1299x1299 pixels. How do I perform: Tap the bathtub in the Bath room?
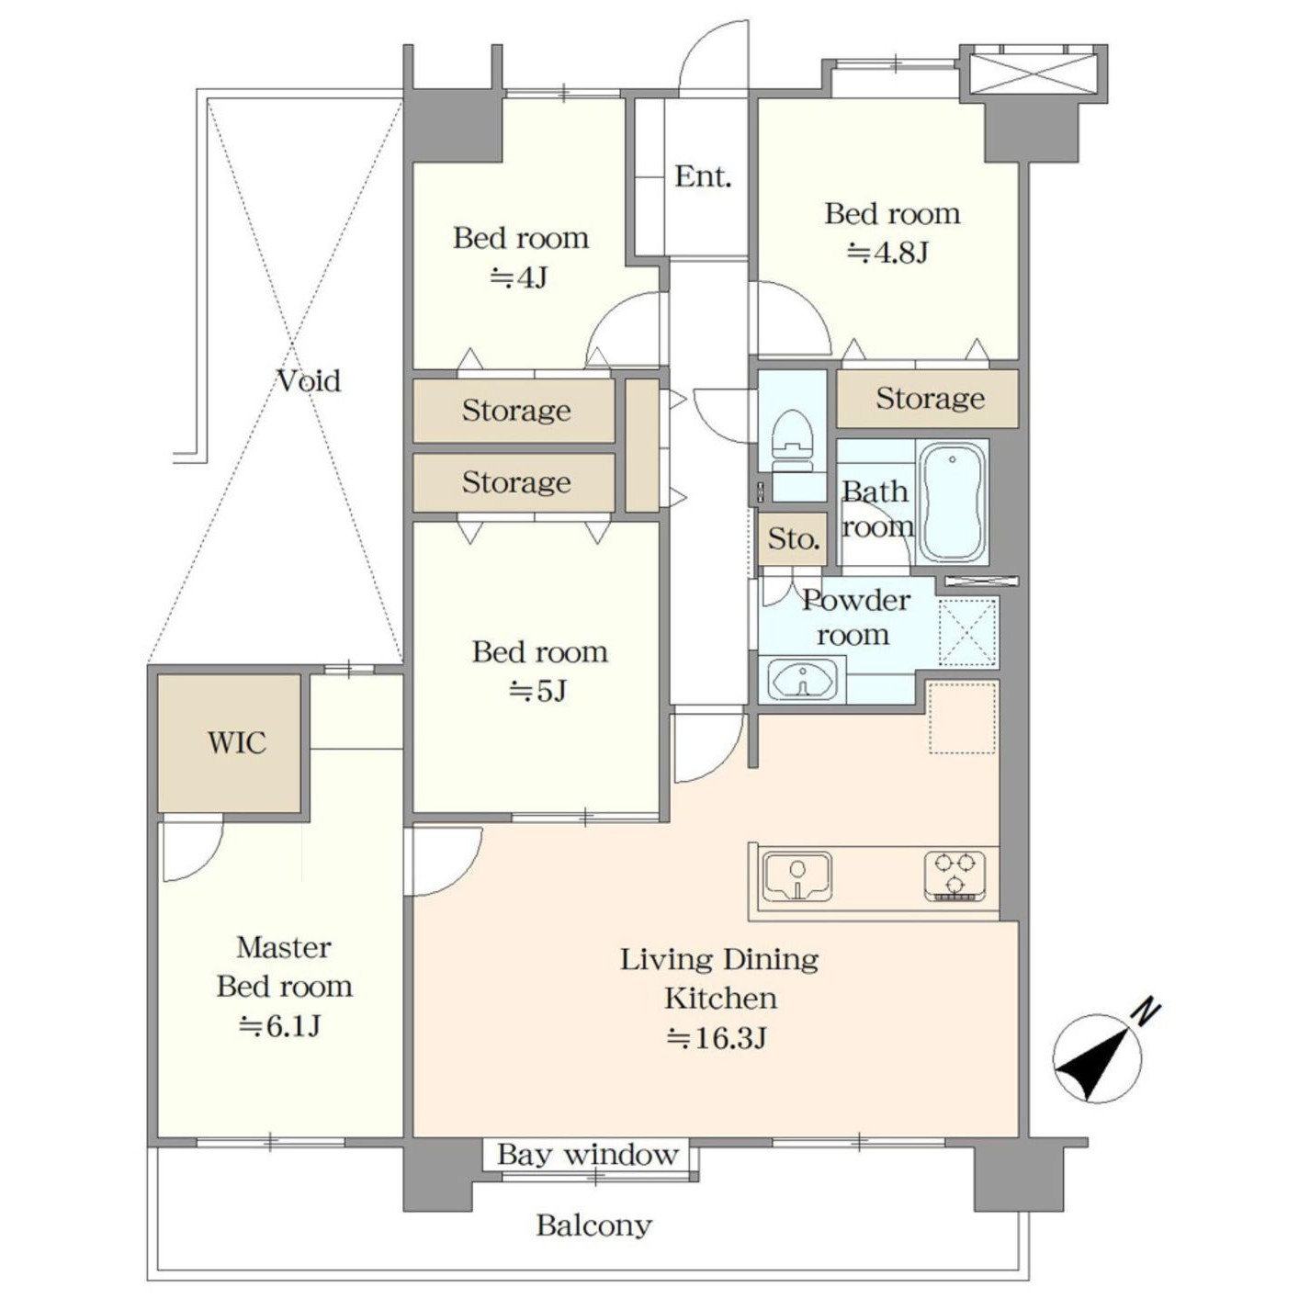(952, 503)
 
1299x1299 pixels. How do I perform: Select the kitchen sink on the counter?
(796, 876)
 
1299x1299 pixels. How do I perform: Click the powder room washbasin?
(801, 679)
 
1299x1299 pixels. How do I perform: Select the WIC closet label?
(237, 743)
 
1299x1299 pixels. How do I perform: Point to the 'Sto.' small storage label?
(794, 539)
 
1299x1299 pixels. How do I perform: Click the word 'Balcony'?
(593, 1226)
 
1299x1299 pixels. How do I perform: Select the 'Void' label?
(310, 381)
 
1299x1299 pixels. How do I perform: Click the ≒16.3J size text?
(717, 1038)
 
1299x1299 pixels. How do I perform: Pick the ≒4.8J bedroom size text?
(888, 254)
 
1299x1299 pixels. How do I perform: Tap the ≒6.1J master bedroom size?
(280, 1026)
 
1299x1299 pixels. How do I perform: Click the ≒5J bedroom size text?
(538, 690)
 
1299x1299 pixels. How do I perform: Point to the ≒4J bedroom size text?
(518, 277)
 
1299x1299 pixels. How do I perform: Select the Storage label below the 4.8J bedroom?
(930, 399)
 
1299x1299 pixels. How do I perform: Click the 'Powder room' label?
(854, 616)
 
